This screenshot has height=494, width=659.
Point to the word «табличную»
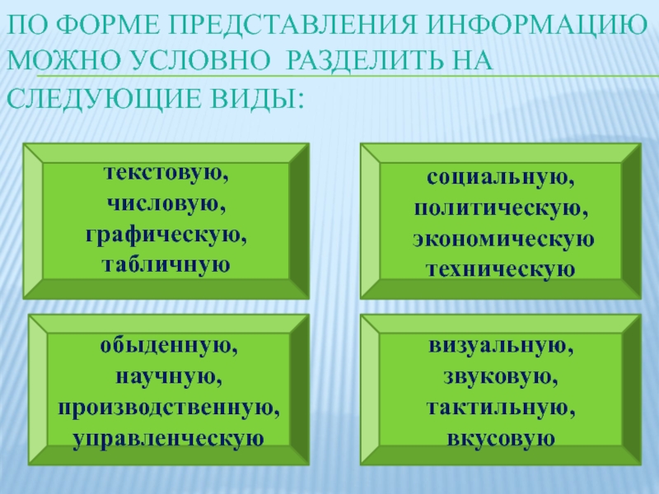(166, 264)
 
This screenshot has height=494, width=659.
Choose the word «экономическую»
(503, 239)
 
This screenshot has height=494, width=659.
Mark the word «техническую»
(500, 269)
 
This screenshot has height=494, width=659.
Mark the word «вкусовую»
(501, 439)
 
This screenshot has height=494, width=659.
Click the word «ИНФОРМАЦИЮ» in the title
(536, 25)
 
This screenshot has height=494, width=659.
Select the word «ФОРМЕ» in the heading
(108, 25)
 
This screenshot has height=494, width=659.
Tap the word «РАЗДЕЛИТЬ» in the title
(364, 60)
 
